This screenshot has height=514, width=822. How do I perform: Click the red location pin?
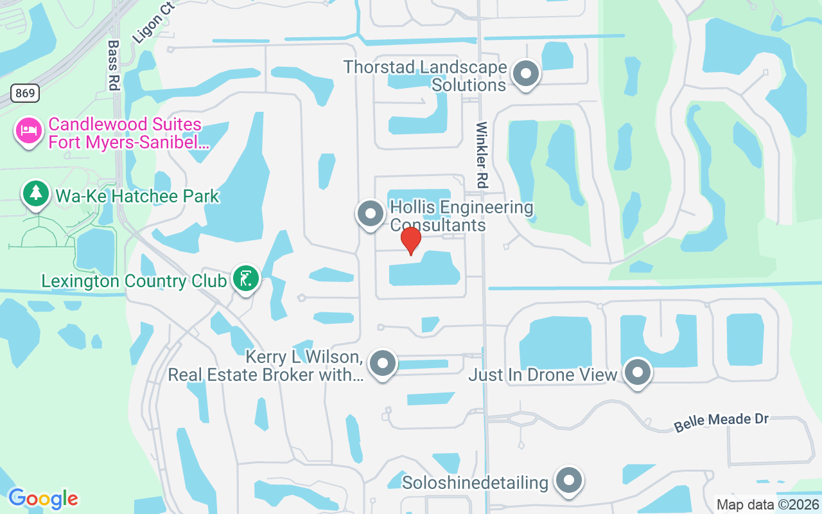(x=410, y=241)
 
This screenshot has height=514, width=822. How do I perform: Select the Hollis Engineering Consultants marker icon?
(x=370, y=213)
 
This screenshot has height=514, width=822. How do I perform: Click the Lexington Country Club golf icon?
(x=245, y=279)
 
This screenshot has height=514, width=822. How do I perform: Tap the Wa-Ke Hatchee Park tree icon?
(x=36, y=193)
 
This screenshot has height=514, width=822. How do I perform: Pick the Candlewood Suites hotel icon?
(x=28, y=131)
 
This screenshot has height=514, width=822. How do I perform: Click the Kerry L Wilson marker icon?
(x=383, y=363)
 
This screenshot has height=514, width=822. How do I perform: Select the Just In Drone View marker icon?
(x=638, y=372)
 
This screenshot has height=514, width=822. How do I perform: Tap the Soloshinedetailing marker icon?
(x=568, y=481)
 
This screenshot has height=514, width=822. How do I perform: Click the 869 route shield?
(x=25, y=93)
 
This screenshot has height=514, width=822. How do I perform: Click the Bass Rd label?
(x=114, y=65)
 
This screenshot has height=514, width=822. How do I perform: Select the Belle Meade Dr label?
(x=721, y=422)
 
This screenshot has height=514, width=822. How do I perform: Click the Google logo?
(x=43, y=498)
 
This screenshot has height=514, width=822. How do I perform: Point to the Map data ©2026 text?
(x=767, y=504)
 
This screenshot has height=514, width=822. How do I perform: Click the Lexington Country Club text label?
(x=134, y=281)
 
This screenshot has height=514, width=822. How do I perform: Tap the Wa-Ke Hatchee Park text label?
(x=137, y=196)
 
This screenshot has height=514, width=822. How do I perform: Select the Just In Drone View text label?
(x=543, y=374)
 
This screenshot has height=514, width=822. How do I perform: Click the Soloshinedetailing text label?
(x=475, y=482)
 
